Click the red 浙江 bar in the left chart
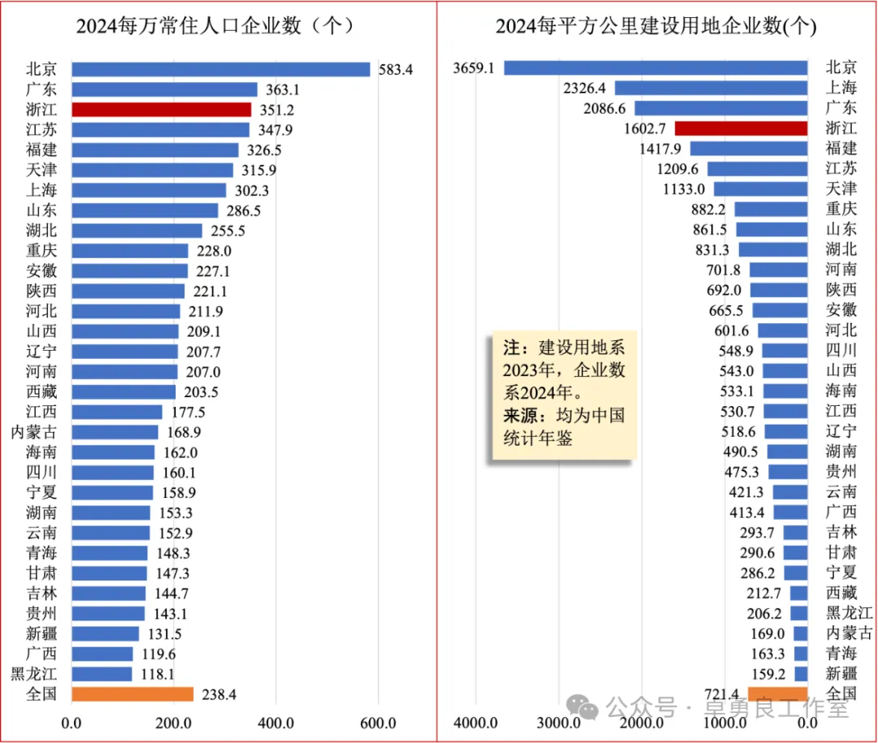point(161,110)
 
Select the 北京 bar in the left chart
point(220,70)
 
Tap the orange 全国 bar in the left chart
point(133,693)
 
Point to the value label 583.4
point(396,70)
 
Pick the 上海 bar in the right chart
point(711,88)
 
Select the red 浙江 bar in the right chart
point(741,127)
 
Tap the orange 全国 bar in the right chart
point(777,693)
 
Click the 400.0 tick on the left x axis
point(276,723)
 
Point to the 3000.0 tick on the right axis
point(559,723)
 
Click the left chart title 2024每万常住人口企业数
point(215,26)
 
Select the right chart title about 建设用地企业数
point(655,26)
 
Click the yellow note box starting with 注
point(563,397)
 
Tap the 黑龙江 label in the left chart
point(34,673)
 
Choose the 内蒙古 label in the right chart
point(849,633)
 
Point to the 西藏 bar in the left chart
point(124,391)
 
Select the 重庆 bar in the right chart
point(771,209)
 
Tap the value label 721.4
point(721,693)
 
